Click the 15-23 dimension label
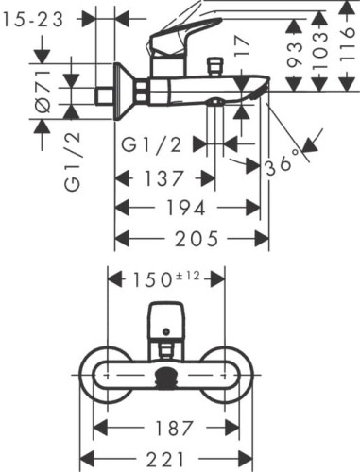tap(32, 20)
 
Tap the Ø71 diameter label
tap(43, 92)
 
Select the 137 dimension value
tap(163, 178)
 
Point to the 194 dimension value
tap(185, 208)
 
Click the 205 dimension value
tap(197, 239)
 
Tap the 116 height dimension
tap(348, 44)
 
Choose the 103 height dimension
tap(320, 50)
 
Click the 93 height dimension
tap(294, 54)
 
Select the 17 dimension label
tap(242, 46)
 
